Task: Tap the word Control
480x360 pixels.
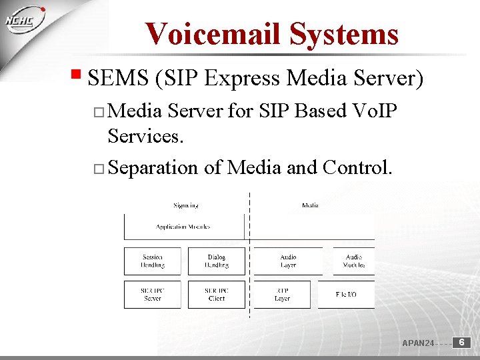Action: (357, 167)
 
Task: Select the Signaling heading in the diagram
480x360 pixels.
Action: (185, 205)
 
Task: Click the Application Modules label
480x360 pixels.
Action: (183, 227)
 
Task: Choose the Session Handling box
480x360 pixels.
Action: (152, 261)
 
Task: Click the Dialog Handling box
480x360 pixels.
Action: (216, 261)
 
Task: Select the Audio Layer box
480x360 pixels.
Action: (288, 261)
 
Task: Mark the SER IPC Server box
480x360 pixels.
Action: (152, 294)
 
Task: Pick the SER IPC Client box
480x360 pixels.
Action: (216, 294)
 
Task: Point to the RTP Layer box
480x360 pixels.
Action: (282, 294)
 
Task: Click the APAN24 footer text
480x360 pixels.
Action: (418, 343)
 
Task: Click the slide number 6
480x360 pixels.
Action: (462, 342)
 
